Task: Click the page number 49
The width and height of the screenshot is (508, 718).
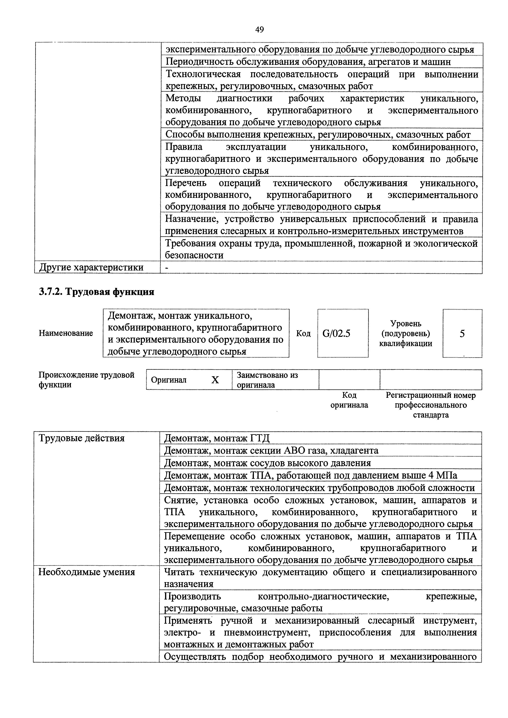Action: pyautogui.click(x=259, y=30)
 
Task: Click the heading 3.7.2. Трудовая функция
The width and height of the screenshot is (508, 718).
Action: pyautogui.click(x=96, y=292)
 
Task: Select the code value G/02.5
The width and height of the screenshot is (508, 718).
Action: pyautogui.click(x=336, y=334)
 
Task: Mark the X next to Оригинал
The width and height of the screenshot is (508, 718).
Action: pyautogui.click(x=215, y=380)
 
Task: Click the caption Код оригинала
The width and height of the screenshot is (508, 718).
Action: pyautogui.click(x=349, y=400)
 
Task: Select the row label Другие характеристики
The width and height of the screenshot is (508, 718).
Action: pyautogui.click(x=91, y=267)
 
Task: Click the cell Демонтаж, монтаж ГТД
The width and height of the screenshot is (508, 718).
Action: pyautogui.click(x=217, y=438)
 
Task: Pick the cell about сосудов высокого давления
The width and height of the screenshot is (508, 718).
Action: pyautogui.click(x=268, y=463)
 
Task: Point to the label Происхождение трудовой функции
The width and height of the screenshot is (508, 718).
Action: pyautogui.click(x=86, y=380)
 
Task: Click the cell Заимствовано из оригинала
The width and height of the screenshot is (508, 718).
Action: pyautogui.click(x=268, y=380)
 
